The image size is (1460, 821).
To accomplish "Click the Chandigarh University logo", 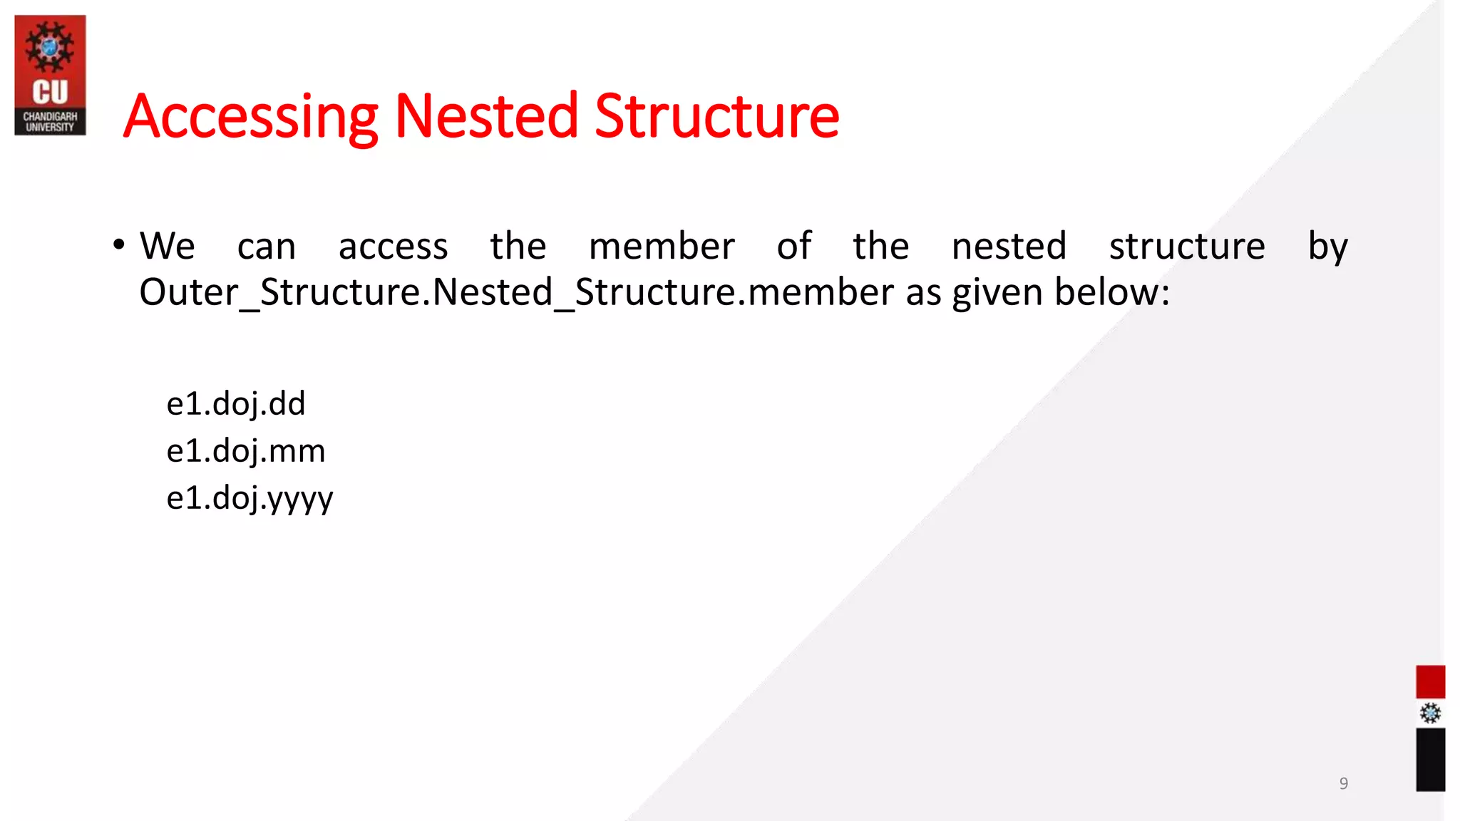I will point(50,75).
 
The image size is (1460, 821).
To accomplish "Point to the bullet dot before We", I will point(119,245).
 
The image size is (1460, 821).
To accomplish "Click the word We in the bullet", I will point(167,247).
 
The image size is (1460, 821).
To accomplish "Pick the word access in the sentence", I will point(393,247).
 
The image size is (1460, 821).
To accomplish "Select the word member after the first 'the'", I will point(662,247).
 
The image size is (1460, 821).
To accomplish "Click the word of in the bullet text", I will point(793,247).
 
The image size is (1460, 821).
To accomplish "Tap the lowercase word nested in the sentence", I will point(1009,247).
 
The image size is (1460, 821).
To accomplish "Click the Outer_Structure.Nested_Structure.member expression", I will point(516,293).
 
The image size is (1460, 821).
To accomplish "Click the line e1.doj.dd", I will point(236,404).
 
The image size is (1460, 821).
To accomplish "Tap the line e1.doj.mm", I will point(246,451).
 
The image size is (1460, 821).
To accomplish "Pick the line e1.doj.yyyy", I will point(250,498).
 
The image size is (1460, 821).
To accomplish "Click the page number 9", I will point(1343,783).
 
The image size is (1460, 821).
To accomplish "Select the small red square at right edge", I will point(1430,682).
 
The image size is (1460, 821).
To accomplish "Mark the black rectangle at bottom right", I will point(1430,759).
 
